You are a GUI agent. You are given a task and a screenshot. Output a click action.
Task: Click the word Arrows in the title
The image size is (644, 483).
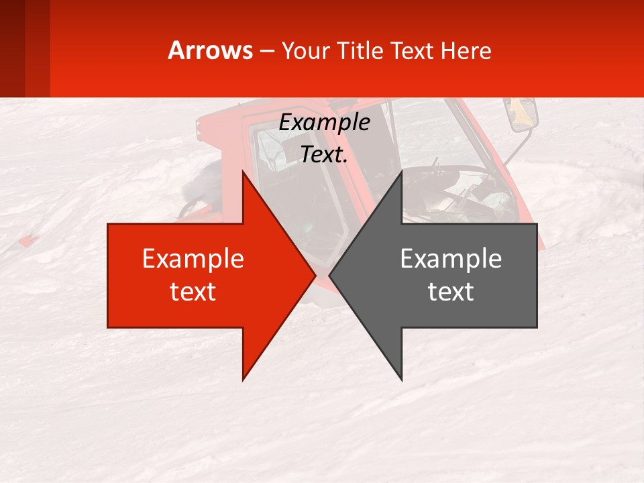tap(211, 50)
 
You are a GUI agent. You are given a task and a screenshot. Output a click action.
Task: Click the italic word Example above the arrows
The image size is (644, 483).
tap(324, 123)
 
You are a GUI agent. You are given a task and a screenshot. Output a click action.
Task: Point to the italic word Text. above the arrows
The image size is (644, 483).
tap(324, 155)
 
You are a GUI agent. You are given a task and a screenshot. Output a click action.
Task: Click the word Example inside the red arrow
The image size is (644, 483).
tap(193, 258)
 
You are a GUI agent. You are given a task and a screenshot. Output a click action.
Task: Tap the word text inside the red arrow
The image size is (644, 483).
tap(193, 292)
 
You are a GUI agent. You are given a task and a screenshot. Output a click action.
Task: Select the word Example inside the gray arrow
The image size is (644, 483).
tap(451, 258)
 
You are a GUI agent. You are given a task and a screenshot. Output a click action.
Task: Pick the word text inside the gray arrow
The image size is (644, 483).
tap(451, 292)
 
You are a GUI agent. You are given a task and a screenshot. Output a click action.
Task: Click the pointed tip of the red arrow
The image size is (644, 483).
tap(315, 275)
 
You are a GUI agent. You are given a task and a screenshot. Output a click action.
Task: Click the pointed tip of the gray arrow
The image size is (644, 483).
tap(330, 275)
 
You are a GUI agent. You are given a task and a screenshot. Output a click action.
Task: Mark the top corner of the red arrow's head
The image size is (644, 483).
tap(243, 172)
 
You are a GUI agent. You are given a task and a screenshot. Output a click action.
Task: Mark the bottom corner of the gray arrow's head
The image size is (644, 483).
tap(402, 380)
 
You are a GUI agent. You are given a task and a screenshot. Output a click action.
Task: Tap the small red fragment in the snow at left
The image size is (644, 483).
tap(27, 241)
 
